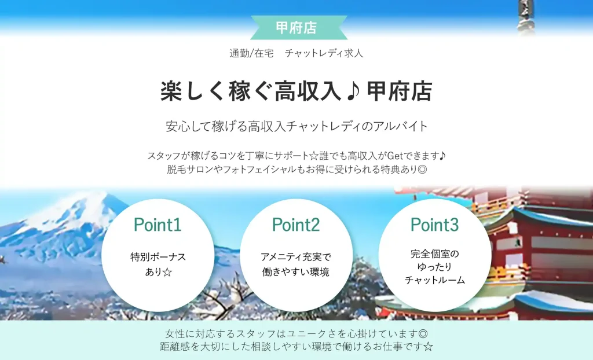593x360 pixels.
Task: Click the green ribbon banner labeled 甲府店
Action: pos(296,27)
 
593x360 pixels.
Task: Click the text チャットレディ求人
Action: pos(324,53)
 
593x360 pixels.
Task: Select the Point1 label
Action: pos(158,225)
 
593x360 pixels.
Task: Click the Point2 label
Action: pos(296,225)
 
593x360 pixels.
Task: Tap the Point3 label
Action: pos(434,224)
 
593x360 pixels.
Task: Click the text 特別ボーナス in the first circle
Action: pos(158,257)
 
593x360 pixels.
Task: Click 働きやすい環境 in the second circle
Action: pos(296,271)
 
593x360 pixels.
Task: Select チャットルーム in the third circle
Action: pos(434,280)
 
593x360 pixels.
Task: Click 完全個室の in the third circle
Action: pos(434,254)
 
